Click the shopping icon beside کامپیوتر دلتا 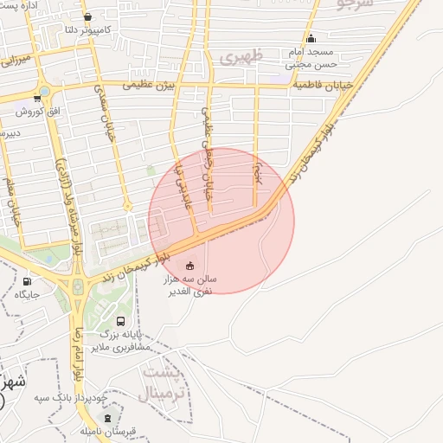point(87,16)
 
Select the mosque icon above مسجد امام point(311,38)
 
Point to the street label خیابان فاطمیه point(327,86)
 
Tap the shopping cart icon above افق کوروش point(36,98)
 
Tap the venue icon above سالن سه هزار point(190,265)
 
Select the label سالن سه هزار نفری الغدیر point(191,286)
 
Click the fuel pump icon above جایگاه point(27,281)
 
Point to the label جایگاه point(26,295)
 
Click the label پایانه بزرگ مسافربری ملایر point(122,339)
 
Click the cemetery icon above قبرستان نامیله point(107,418)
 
